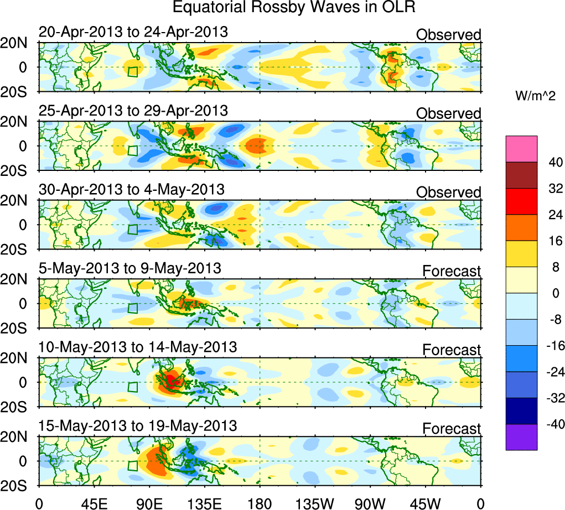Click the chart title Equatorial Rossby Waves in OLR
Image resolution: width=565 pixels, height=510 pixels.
click(x=293, y=8)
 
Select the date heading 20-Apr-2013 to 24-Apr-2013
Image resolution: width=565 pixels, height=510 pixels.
click(x=133, y=32)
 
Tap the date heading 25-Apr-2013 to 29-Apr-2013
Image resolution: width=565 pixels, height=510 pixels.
click(x=133, y=111)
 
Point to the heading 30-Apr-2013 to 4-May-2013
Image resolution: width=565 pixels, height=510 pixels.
click(x=131, y=190)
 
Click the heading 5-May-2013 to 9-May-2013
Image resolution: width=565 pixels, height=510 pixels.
click(x=129, y=269)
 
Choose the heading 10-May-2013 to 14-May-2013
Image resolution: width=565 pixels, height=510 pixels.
click(x=137, y=347)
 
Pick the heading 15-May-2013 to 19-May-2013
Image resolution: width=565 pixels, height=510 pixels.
click(x=137, y=426)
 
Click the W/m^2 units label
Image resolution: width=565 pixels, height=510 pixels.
click(x=535, y=96)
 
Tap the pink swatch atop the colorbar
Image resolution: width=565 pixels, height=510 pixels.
click(x=521, y=149)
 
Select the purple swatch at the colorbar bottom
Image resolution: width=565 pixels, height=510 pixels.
click(x=521, y=437)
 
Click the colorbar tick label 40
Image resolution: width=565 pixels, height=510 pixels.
click(x=554, y=163)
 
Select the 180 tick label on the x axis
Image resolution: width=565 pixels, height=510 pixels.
click(x=260, y=503)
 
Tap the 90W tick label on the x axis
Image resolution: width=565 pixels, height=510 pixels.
click(x=370, y=503)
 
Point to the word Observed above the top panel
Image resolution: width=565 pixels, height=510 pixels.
click(x=448, y=35)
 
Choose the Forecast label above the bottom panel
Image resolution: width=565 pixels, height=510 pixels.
click(x=452, y=429)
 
